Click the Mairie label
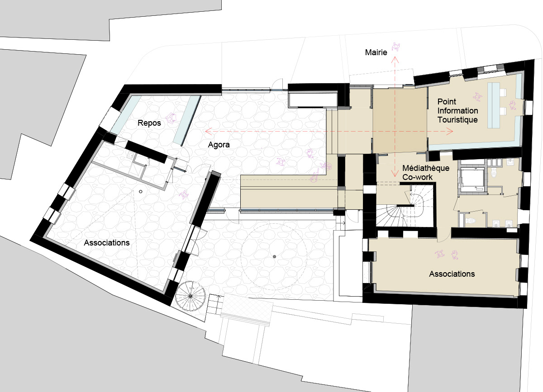point(376,52)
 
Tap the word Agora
point(219,145)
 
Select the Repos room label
point(149,123)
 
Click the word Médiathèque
point(426,168)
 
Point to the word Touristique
point(457,120)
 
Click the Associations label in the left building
point(107,243)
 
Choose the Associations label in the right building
point(452,274)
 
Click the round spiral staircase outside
point(191,296)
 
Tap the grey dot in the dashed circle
point(274,256)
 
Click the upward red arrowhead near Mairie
point(395,59)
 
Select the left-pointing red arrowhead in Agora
point(209,131)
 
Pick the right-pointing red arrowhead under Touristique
point(450,132)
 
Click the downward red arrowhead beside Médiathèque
point(395,173)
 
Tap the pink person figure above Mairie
point(396,47)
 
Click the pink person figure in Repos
point(171,118)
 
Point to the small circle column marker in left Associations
point(141,192)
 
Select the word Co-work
point(417,177)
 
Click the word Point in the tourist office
point(447,102)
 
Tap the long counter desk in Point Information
point(494,105)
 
